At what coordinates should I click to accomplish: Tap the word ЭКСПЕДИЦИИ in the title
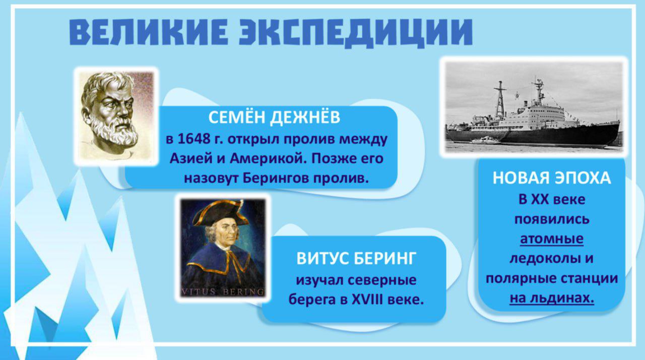tap(356, 32)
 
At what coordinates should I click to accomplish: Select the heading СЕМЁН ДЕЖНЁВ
tap(274, 117)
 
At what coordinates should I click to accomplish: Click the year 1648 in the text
tap(194, 139)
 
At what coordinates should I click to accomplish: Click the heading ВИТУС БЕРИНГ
tap(356, 258)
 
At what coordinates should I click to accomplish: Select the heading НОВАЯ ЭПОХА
tap(552, 177)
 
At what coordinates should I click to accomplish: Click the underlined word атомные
tap(552, 239)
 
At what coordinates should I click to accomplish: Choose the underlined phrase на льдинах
tap(552, 298)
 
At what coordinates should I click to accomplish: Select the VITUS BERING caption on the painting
tap(222, 292)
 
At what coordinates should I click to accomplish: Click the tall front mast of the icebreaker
tap(500, 99)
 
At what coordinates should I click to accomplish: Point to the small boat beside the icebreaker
tap(487, 140)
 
